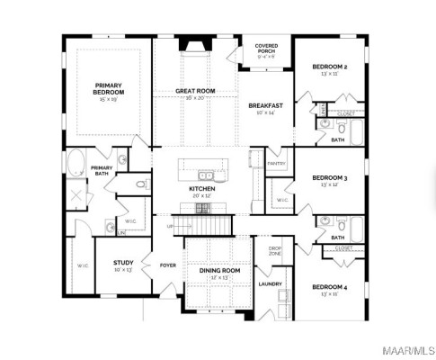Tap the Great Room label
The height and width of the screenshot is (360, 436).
[x=195, y=91]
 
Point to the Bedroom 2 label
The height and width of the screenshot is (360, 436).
[x=330, y=67]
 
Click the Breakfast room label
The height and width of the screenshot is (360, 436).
[x=266, y=106]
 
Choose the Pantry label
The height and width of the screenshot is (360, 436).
[x=277, y=163]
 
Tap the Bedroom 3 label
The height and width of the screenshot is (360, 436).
[x=331, y=178]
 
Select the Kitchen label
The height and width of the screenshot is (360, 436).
[x=200, y=190]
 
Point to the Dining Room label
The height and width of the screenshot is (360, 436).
[x=219, y=270]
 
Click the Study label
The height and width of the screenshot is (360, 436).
[x=123, y=264]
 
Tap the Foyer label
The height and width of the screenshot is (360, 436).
[x=168, y=265]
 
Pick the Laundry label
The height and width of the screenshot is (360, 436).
[x=271, y=284]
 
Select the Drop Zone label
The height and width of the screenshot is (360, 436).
[x=275, y=250]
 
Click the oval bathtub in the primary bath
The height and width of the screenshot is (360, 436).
[x=76, y=165]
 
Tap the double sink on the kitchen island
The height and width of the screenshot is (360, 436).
[x=207, y=175]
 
